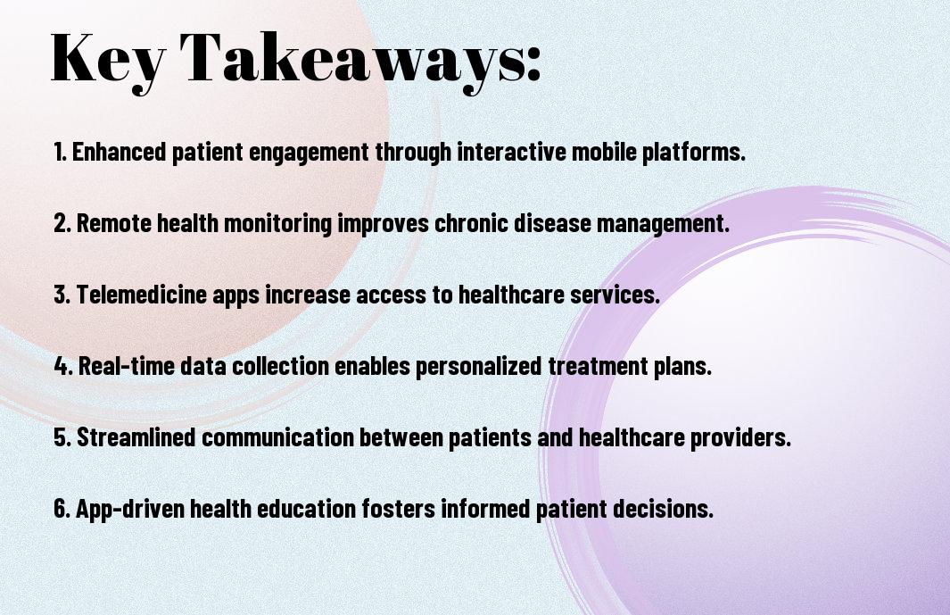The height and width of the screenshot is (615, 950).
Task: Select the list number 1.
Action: pos(60,152)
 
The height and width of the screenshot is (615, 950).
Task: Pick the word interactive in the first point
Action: pos(511,152)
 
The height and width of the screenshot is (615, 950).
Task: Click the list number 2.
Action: pos(62,223)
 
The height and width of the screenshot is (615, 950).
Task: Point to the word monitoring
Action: pos(277,224)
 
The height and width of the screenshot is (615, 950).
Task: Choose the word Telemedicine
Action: pos(142,295)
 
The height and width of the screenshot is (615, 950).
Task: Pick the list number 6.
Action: pos(62,508)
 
